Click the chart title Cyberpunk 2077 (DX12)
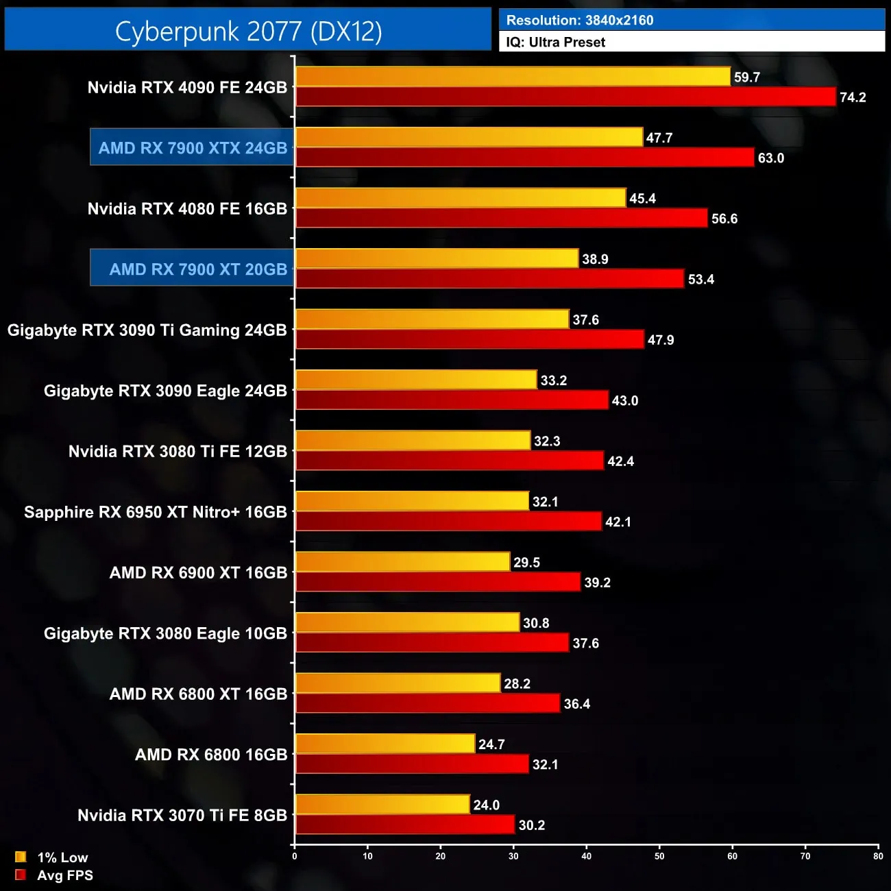click(248, 31)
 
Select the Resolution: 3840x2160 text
click(580, 20)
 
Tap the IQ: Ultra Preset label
click(555, 42)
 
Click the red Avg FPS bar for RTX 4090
click(565, 97)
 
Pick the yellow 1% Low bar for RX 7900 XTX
click(469, 137)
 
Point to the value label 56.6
click(724, 219)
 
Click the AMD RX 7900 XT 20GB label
click(197, 269)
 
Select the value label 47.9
click(661, 340)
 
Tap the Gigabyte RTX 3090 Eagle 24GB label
click(165, 391)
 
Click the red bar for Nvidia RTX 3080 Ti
click(449, 461)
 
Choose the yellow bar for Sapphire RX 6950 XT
click(412, 501)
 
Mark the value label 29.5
click(526, 563)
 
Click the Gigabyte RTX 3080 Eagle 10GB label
click(165, 633)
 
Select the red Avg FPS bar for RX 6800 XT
click(427, 703)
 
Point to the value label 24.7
click(491, 744)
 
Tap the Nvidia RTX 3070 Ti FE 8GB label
click(182, 816)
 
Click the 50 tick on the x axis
click(659, 856)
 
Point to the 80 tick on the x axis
click(878, 856)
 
